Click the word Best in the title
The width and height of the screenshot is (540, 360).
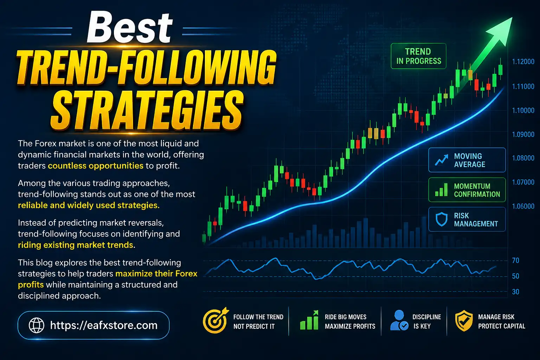[x=129, y=27]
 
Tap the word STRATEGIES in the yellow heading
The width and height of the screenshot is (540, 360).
[x=147, y=110]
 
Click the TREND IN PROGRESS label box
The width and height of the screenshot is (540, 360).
[x=418, y=56]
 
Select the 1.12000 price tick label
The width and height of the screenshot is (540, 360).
[x=523, y=62]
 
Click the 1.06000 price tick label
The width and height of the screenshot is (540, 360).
[x=523, y=206]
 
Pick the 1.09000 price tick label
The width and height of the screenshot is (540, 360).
[x=523, y=134]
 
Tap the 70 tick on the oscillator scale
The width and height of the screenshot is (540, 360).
[x=515, y=261]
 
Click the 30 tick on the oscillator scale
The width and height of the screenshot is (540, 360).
[x=515, y=292]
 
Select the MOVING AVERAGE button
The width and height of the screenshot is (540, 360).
[x=467, y=160]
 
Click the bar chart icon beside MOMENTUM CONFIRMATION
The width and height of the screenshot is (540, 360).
[x=441, y=190]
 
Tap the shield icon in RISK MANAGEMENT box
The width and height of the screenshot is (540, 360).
[x=441, y=219]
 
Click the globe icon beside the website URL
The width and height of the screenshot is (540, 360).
[x=36, y=325]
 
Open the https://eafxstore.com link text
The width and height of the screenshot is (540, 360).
[x=104, y=325]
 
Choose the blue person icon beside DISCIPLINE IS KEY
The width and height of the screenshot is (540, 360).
[x=399, y=320]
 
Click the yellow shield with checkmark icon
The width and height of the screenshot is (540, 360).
[x=464, y=321]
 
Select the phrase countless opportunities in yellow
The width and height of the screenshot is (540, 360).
[x=95, y=166]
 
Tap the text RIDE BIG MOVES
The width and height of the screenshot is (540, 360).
[x=345, y=317]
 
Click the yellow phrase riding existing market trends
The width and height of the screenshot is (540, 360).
[x=76, y=245]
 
